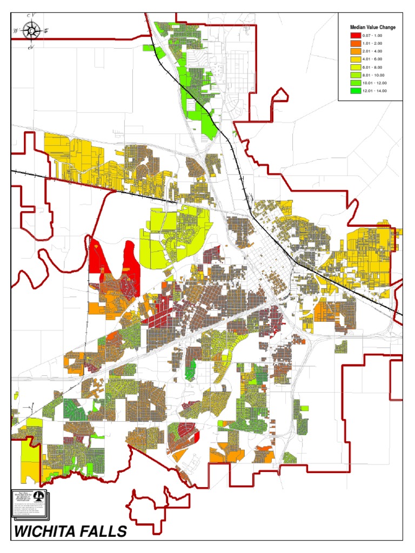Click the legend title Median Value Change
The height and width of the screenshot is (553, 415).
tap(372, 27)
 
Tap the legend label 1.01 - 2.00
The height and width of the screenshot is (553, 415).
tap(377, 43)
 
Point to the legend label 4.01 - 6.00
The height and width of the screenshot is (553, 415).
tap(377, 59)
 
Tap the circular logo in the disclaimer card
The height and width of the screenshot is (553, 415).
tap(36, 496)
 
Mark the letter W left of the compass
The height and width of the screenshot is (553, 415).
tap(15, 31)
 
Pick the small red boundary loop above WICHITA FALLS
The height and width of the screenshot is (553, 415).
tap(149, 508)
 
